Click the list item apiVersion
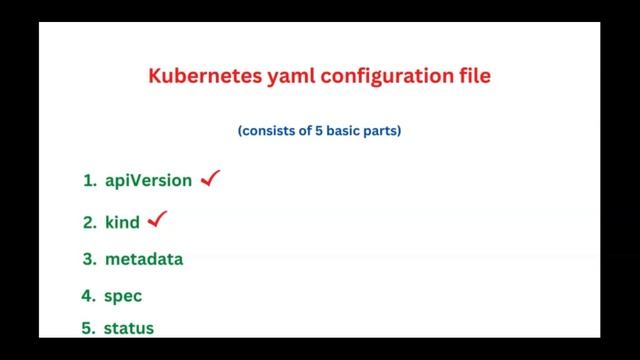[x=148, y=181]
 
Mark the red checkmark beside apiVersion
[x=210, y=179]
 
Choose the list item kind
[x=122, y=222]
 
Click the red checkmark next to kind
[x=156, y=219]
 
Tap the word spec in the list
[x=123, y=297]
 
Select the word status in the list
[x=129, y=328]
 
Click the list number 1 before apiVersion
[x=88, y=181]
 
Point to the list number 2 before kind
[x=88, y=222]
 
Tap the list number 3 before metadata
[x=88, y=259]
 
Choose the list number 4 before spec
[x=88, y=296]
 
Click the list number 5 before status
[x=88, y=328]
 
